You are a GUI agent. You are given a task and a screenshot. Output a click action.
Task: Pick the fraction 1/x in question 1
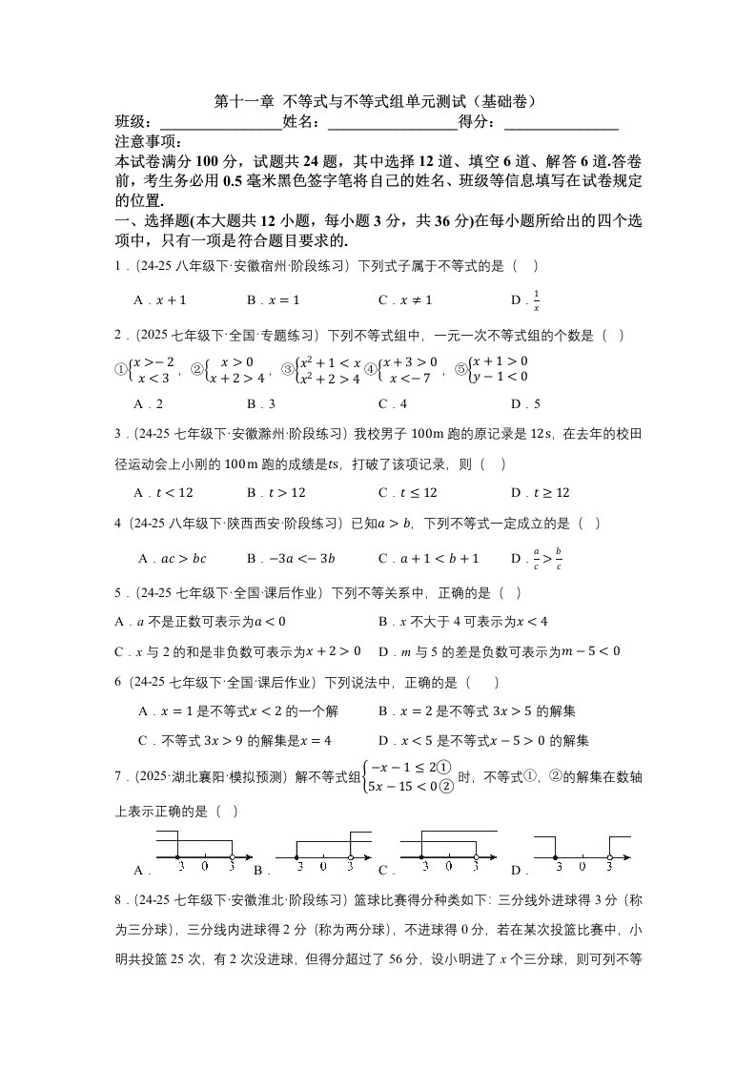536,300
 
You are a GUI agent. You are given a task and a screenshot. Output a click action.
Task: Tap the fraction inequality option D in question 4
544,558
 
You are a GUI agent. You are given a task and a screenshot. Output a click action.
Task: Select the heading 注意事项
150,143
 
